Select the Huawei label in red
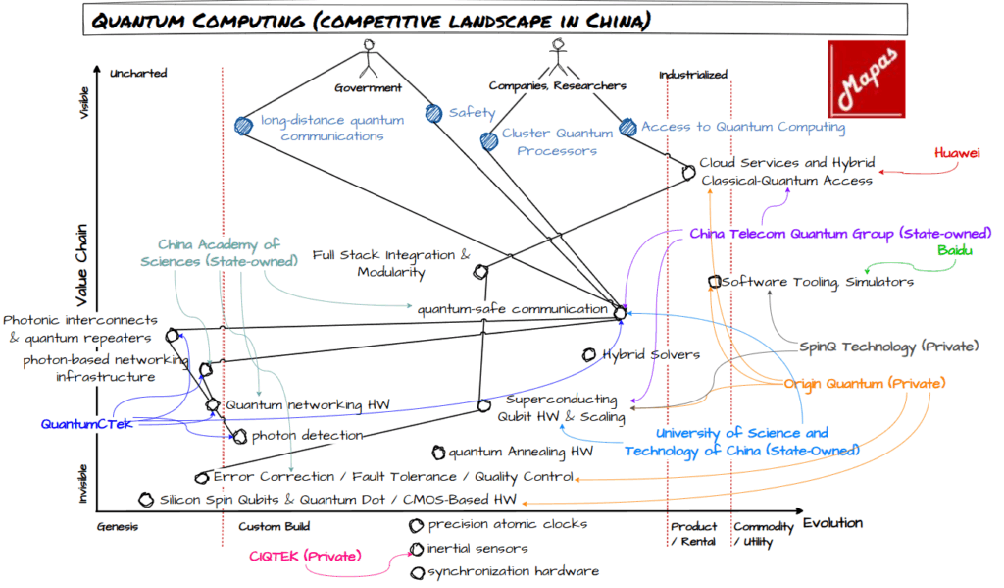point(956,154)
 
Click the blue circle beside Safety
point(434,114)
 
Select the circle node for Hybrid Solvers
point(589,354)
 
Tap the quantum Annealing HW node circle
point(439,453)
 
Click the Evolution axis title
point(833,523)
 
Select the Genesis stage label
point(117,526)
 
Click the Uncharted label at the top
point(139,73)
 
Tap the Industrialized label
point(693,74)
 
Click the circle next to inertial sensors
point(418,549)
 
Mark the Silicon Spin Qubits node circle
point(147,500)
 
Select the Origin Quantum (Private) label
point(864,383)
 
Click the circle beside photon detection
point(240,437)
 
